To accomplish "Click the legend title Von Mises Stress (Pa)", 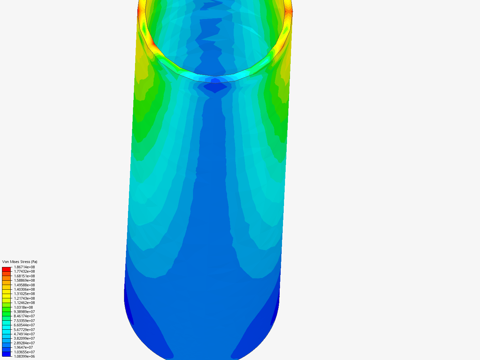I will (20, 262).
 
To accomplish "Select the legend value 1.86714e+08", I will (24, 267).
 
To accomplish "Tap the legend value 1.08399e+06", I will (24, 356).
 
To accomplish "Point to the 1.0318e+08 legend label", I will (23, 307).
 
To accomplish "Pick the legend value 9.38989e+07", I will (24, 312).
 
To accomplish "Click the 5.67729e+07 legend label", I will (24, 330).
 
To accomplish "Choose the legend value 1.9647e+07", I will (23, 347).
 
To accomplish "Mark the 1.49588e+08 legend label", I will (24, 285).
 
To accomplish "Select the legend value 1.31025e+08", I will (24, 294).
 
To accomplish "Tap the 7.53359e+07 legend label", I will (24, 321).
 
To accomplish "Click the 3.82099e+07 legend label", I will (24, 338).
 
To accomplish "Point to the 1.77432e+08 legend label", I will (24, 271).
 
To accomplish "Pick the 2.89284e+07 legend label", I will (24, 343).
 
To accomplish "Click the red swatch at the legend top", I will (6, 269).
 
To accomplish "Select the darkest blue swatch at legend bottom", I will (6, 354).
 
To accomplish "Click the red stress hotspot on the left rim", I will (139, 11).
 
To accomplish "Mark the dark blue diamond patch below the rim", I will (215, 88).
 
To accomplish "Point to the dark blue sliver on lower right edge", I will (275, 313).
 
